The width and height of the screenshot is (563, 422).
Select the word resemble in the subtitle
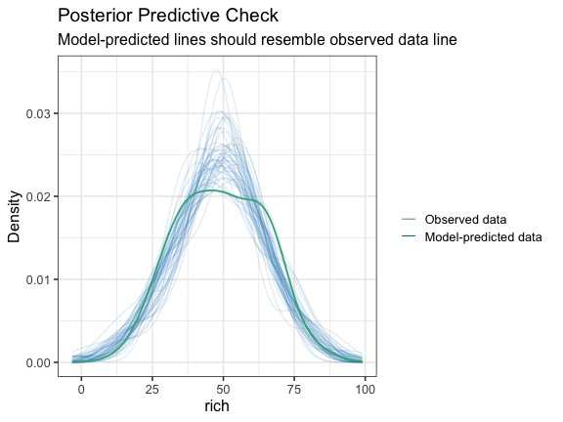[293, 39]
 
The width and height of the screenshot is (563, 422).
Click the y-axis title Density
[15, 217]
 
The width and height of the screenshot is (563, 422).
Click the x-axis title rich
[217, 405]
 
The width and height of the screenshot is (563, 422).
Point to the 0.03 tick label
[37, 113]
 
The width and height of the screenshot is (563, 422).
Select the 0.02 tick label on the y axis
[37, 196]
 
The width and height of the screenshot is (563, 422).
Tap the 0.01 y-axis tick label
[37, 279]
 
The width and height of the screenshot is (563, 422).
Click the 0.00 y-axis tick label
[37, 362]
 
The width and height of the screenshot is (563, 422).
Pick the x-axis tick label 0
[81, 389]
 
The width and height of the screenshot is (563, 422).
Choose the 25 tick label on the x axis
[152, 389]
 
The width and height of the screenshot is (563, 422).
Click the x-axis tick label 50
[223, 389]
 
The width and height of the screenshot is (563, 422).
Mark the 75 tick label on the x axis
[294, 389]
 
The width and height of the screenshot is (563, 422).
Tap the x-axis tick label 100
[366, 389]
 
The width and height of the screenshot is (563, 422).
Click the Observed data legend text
[465, 219]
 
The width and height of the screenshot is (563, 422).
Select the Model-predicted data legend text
[483, 236]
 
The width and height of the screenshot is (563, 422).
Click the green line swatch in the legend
[409, 219]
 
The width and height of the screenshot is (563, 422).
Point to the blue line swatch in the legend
[409, 236]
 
